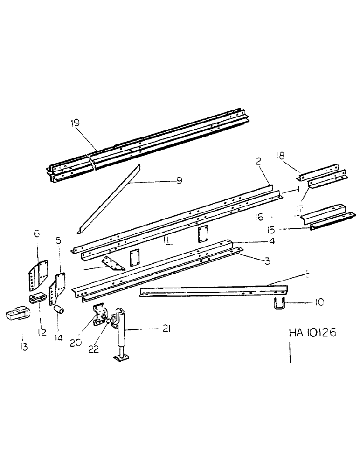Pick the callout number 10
point(318,302)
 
